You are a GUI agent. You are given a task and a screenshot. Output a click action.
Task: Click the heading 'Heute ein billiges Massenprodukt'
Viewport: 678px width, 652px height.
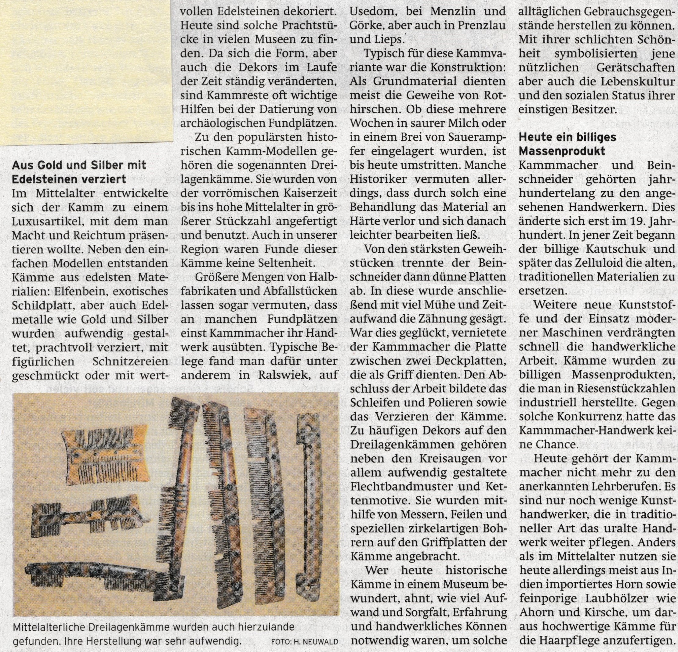[567, 144]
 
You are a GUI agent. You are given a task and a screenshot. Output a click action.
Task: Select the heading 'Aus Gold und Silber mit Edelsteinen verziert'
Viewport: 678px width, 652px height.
[79, 172]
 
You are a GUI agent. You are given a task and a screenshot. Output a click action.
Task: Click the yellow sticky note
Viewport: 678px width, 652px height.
[86, 71]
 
